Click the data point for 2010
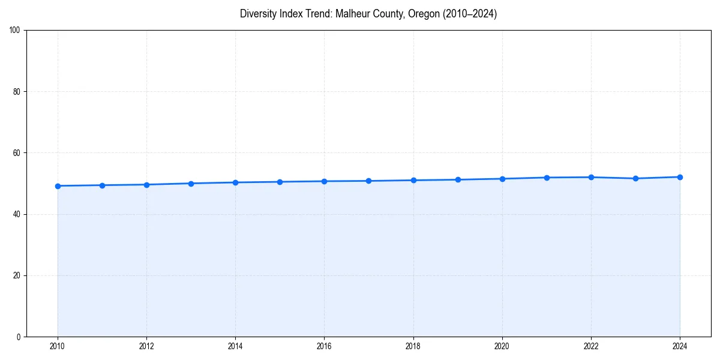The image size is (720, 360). pyautogui.click(x=58, y=186)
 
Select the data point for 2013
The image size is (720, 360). pyautogui.click(x=191, y=184)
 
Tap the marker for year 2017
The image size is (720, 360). pyautogui.click(x=368, y=181)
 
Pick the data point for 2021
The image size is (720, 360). pyautogui.click(x=547, y=178)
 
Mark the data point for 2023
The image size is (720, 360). pyautogui.click(x=635, y=178)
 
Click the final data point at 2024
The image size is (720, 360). pyautogui.click(x=680, y=177)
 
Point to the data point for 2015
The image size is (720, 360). pyautogui.click(x=280, y=182)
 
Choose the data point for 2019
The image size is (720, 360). pyautogui.click(x=458, y=179)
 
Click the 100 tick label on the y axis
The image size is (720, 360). pyautogui.click(x=15, y=31)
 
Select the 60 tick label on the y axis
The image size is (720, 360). pyautogui.click(x=17, y=153)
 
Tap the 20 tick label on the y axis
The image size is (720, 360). pyautogui.click(x=17, y=275)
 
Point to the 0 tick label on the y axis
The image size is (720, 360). pyautogui.click(x=19, y=337)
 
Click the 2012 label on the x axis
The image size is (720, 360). pyautogui.click(x=146, y=346)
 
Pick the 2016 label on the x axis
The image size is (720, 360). pyautogui.click(x=324, y=346)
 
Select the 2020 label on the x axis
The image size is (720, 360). pyautogui.click(x=502, y=346)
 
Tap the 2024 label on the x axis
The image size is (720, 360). pyautogui.click(x=680, y=346)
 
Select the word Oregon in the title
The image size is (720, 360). pyautogui.click(x=422, y=14)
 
